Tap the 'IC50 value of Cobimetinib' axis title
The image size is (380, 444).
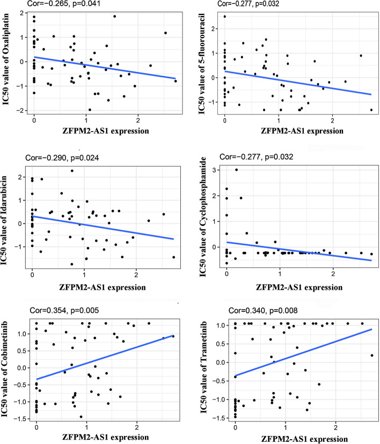[x=8, y=371]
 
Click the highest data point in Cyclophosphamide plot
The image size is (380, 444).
[x=236, y=170]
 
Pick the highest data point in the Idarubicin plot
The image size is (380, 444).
[x=72, y=171]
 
